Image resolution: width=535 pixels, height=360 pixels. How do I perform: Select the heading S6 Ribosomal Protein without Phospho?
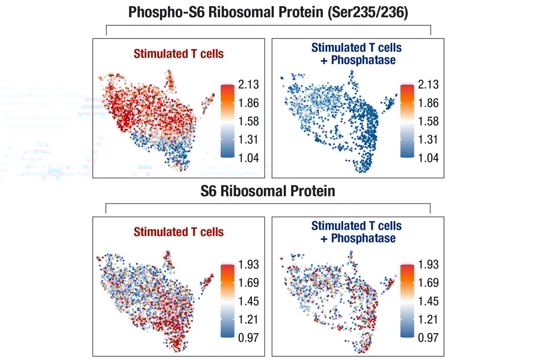[268, 191]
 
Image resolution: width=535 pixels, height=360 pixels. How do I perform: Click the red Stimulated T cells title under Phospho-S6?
[179, 54]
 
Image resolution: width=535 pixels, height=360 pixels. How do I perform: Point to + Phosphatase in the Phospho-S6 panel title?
[358, 60]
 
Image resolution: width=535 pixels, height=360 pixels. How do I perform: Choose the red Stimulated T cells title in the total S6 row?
[179, 232]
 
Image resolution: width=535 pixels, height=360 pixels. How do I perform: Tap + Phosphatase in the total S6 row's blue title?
[358, 238]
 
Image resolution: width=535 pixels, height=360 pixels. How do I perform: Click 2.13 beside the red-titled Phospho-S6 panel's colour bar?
[248, 85]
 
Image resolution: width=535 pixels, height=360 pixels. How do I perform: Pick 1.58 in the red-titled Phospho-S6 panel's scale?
[248, 121]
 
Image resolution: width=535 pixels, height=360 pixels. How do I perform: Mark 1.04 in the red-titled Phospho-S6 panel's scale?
[248, 158]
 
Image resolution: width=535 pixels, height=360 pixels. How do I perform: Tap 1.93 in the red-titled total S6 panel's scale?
[248, 264]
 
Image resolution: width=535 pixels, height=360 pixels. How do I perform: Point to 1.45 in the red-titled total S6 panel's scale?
[248, 301]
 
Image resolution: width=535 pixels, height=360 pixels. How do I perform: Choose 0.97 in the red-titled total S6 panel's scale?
[248, 337]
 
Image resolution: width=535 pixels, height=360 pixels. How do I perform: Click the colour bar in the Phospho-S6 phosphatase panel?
[407, 121]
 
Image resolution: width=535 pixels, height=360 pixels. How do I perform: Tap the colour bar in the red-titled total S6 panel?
[227, 300]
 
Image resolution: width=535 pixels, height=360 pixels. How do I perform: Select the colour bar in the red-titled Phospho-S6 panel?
[227, 121]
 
